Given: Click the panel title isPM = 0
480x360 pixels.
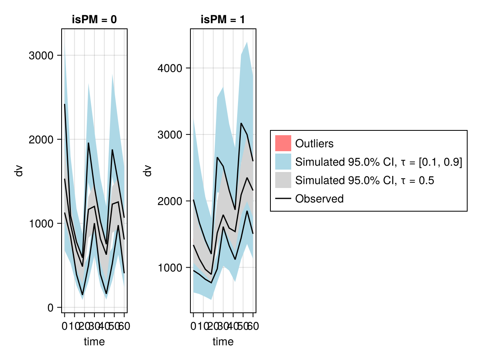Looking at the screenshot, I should tap(94, 20).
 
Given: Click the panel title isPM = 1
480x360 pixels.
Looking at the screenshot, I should tap(223, 20).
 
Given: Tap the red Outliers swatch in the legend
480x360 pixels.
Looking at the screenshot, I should tap(283, 143).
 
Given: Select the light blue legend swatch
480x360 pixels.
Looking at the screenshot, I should tap(283, 162).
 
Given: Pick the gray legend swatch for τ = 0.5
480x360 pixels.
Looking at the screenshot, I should tap(283, 180).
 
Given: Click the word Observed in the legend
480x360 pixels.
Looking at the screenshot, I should tap(319, 199).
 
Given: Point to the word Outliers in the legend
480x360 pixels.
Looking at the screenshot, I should tap(314, 143).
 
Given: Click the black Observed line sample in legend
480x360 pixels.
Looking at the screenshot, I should tap(283, 199).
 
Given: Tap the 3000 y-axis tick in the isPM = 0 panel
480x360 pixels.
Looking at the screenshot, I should tap(41, 55).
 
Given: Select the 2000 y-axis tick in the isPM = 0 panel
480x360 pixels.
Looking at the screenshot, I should tap(41, 139).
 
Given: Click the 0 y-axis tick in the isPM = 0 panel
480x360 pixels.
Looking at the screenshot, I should tap(50, 308).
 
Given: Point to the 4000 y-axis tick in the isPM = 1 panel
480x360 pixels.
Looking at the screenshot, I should tap(170, 68).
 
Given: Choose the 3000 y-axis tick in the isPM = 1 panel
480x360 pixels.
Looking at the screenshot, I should tap(170, 134).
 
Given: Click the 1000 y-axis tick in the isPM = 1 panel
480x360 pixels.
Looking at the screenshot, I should tap(170, 267).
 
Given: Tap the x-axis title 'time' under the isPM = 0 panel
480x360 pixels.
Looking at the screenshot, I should tap(94, 342).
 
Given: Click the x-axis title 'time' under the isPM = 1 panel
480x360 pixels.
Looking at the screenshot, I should tap(223, 342).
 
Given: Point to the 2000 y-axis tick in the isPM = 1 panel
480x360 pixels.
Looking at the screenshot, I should tap(170, 201).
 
